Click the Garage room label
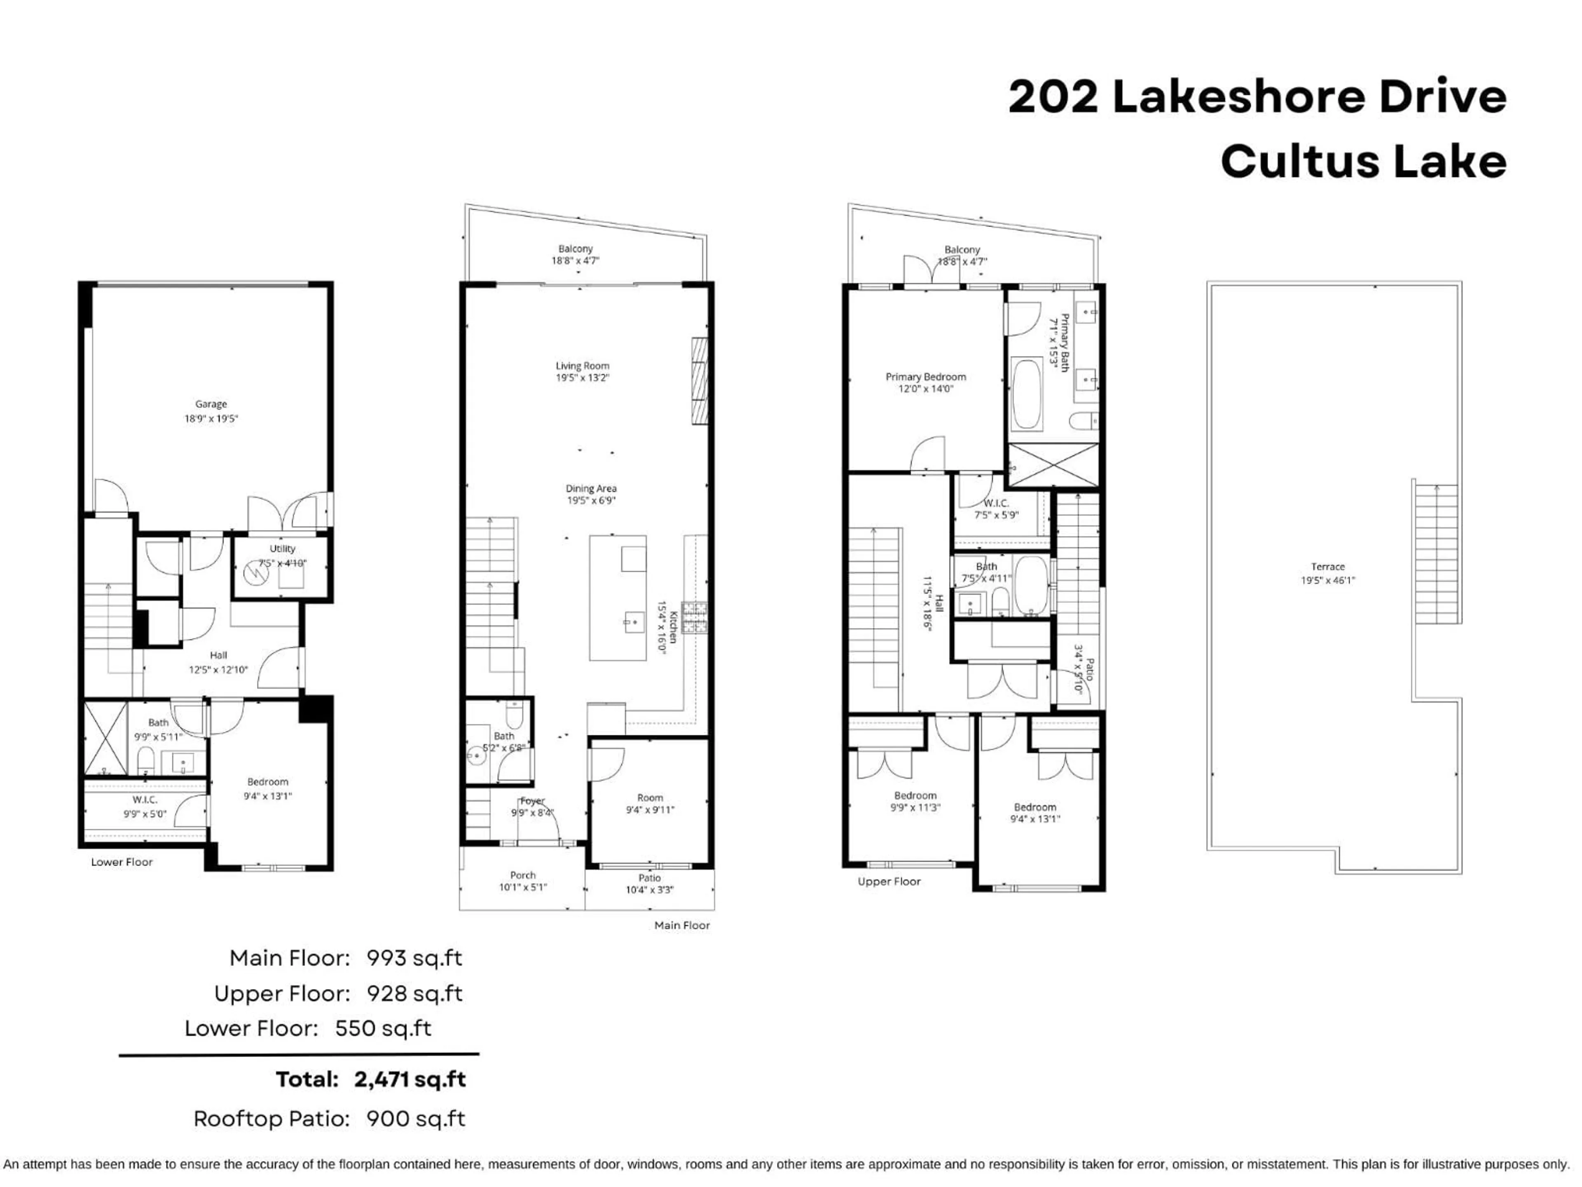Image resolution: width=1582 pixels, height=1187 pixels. click(x=211, y=404)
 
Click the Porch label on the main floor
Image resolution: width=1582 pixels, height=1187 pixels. click(x=523, y=875)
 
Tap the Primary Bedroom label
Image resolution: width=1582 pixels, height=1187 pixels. click(x=925, y=377)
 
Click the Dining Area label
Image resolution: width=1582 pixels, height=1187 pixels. click(x=591, y=489)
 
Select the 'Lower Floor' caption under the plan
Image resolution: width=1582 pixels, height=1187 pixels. click(x=122, y=862)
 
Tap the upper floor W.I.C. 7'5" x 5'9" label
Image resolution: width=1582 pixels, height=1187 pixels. click(x=996, y=509)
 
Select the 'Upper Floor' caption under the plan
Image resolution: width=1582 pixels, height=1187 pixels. click(x=889, y=882)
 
